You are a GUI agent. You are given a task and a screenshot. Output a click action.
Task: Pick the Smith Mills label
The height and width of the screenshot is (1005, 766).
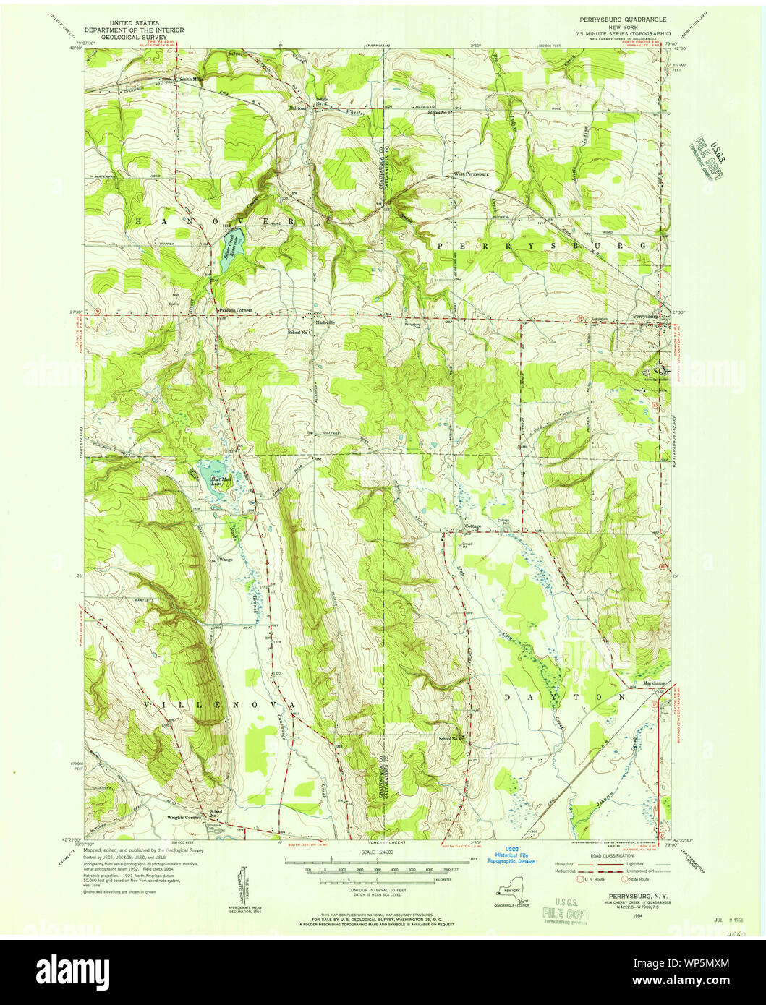click(x=192, y=80)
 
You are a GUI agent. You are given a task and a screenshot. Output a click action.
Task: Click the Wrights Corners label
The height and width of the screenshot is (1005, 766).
click(x=184, y=817)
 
